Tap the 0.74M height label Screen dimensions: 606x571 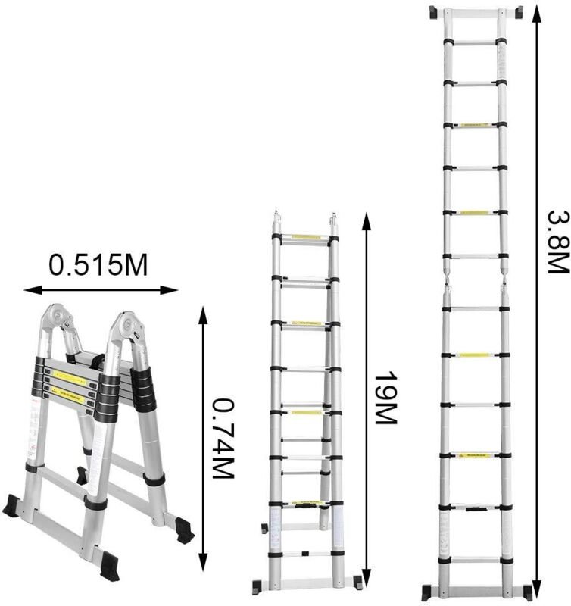coord(220,439)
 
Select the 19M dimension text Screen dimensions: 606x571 coord(385,399)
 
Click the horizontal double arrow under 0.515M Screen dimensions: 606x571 coord(101,289)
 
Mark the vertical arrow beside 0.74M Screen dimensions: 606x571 coord(201,439)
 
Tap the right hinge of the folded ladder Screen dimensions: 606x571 coord(126,327)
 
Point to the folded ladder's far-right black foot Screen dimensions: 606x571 coord(181,529)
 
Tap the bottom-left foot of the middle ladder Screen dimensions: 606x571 coord(257,586)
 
